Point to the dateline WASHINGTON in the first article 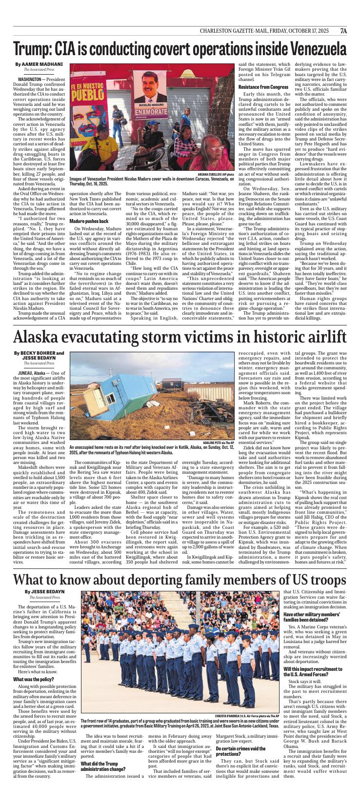pos(29,79)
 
